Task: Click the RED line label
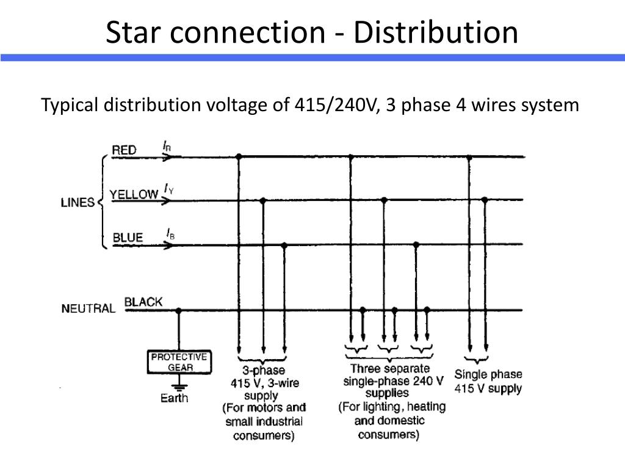124,150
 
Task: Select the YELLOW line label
134,194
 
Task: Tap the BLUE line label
128,238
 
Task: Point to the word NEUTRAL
88,308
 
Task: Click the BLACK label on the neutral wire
143,302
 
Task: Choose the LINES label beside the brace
78,202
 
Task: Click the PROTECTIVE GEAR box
179,362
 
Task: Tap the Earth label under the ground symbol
174,398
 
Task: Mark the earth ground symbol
179,386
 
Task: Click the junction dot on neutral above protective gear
179,310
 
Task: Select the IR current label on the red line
167,146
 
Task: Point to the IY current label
168,189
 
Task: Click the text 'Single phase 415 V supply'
488,381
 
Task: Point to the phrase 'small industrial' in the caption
264,421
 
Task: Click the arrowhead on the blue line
169,245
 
